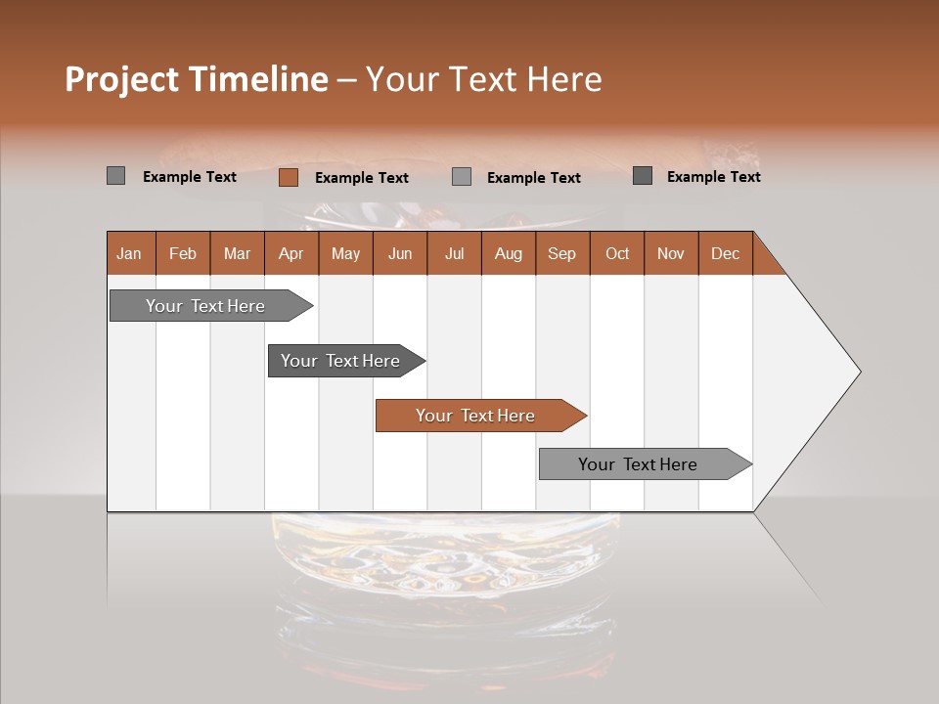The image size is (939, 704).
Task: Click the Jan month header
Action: coord(129,253)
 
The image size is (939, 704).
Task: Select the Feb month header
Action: coord(183,253)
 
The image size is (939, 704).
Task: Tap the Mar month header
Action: coord(237,253)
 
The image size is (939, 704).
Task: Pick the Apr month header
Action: coord(291,253)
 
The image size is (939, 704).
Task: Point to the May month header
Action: coord(345,253)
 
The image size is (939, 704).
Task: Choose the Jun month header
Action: coord(400,253)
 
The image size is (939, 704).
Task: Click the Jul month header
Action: coord(454,253)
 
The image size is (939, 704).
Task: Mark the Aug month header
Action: coord(508,253)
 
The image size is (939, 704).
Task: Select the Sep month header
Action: coord(561,253)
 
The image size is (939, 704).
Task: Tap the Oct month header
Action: coord(617,253)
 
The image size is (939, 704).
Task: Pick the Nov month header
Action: coord(671,253)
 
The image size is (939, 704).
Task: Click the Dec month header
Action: coord(725,253)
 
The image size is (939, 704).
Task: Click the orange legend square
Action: coord(289,177)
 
